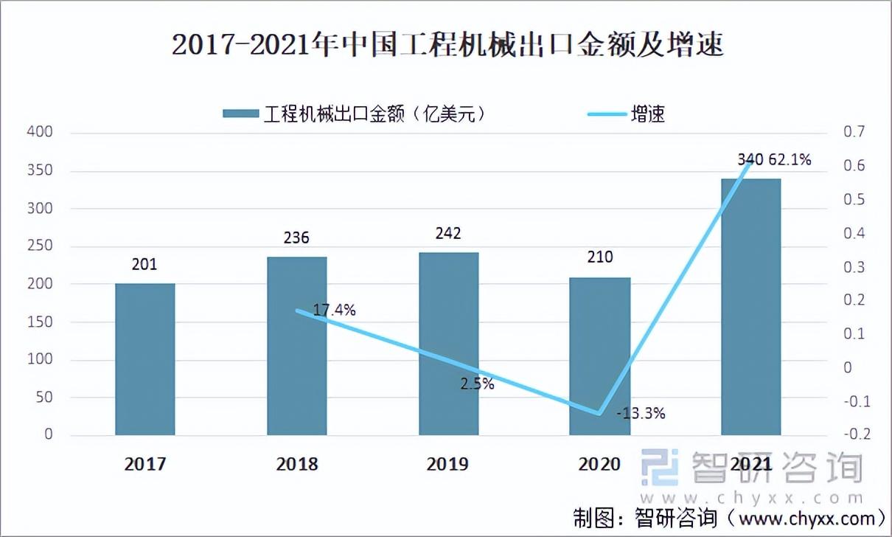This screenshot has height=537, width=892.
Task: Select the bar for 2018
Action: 296,346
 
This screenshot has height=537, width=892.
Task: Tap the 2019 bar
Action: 448,344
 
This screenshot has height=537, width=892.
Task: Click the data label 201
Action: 145,265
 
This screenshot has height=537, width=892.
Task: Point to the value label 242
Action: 448,234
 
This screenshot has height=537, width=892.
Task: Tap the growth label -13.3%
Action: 641,414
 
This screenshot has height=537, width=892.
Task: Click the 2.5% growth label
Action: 476,384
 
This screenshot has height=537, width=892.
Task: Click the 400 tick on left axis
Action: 41,133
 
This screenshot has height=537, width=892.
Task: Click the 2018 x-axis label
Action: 296,464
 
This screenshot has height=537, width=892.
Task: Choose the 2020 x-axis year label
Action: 599,464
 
